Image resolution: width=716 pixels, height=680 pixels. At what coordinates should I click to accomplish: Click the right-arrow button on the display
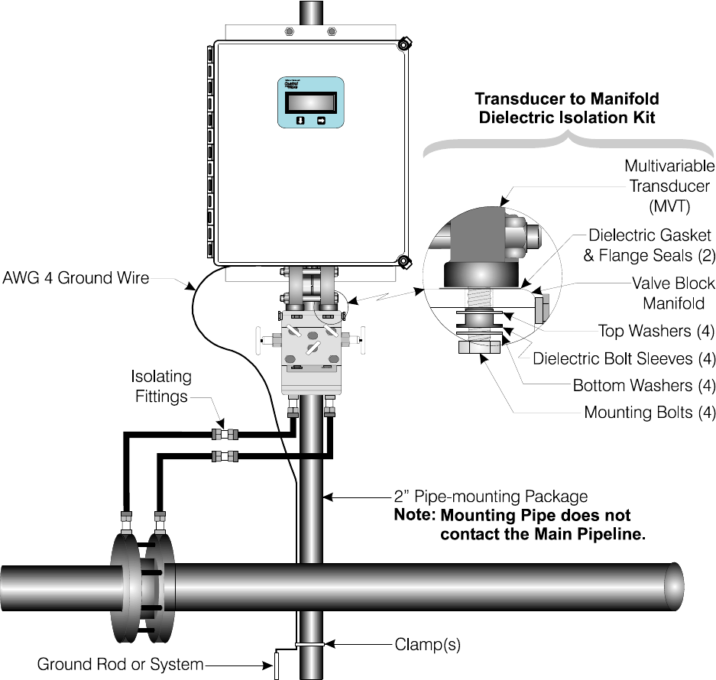321,121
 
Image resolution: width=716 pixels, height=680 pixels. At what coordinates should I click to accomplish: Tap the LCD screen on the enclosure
309,102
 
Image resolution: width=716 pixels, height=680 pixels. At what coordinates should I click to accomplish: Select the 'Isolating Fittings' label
161,387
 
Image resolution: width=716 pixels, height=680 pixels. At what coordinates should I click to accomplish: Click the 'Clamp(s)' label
427,644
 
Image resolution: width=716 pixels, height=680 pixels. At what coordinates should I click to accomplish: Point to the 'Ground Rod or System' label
121,665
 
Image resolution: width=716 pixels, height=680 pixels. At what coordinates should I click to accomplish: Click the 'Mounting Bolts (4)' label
650,413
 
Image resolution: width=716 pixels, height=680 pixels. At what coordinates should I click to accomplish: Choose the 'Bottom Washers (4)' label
644,386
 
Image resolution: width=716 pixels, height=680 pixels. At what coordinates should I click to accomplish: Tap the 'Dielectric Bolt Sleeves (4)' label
624,358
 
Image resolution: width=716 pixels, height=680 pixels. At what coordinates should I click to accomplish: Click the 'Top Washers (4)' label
656,331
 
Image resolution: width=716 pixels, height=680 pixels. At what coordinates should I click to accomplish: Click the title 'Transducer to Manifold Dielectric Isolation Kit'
566,108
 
